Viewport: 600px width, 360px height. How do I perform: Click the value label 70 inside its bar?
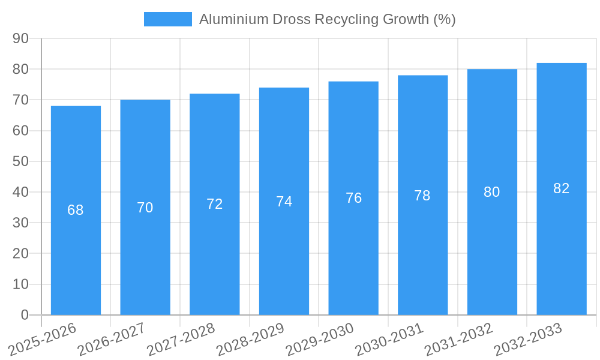point(145,208)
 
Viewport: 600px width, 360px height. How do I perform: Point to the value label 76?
point(354,198)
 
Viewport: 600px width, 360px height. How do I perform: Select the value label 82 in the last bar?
point(562,188)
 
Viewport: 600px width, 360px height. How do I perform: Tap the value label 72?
point(215,204)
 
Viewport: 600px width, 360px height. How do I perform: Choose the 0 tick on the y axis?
point(25,315)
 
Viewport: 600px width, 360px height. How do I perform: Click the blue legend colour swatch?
point(168,19)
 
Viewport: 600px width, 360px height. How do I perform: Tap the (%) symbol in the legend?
point(445,19)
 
